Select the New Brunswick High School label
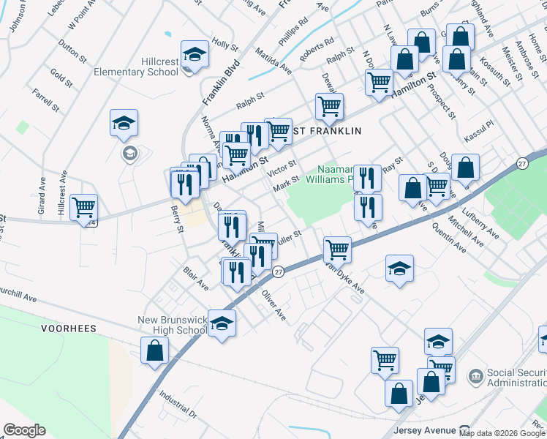[x=173, y=325]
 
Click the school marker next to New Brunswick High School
[x=222, y=323]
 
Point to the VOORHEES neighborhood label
[x=69, y=329]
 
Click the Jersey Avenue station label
[x=424, y=429]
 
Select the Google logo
[x=24, y=430]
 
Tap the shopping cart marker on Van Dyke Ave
[x=337, y=249]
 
